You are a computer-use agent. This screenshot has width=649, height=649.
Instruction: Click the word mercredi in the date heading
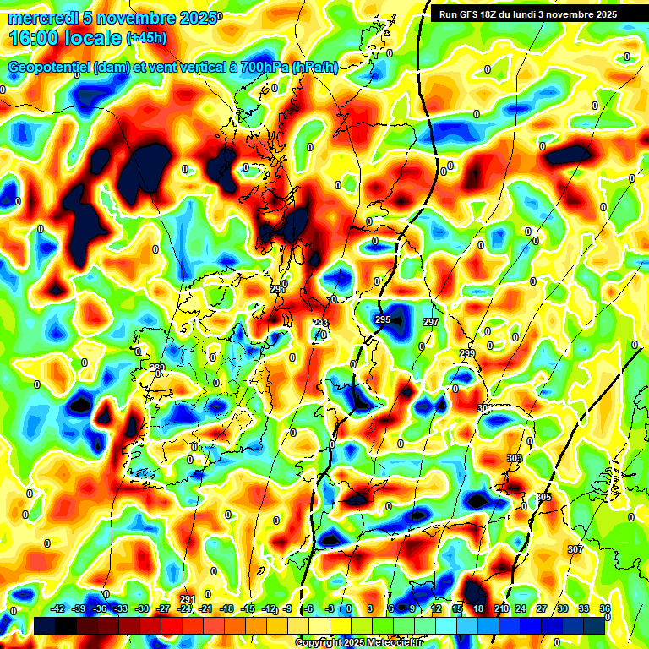click(39, 18)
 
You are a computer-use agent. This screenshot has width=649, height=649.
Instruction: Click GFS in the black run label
click(468, 14)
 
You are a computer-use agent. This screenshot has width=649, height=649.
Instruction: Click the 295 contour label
click(383, 319)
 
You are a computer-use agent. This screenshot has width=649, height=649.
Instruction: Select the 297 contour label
click(431, 322)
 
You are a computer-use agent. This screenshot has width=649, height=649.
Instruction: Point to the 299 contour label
click(467, 352)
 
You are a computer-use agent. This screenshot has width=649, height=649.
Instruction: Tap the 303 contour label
click(514, 458)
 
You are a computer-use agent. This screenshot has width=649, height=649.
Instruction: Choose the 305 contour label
click(543, 497)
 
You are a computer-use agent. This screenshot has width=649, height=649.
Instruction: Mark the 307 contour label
click(575, 549)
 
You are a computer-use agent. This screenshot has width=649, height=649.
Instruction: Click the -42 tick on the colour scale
click(57, 608)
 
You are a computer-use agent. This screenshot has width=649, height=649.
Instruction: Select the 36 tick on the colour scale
click(604, 608)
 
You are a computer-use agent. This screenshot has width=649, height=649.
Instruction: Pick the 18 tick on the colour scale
click(478, 608)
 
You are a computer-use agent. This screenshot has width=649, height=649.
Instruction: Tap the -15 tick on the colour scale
click(248, 608)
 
